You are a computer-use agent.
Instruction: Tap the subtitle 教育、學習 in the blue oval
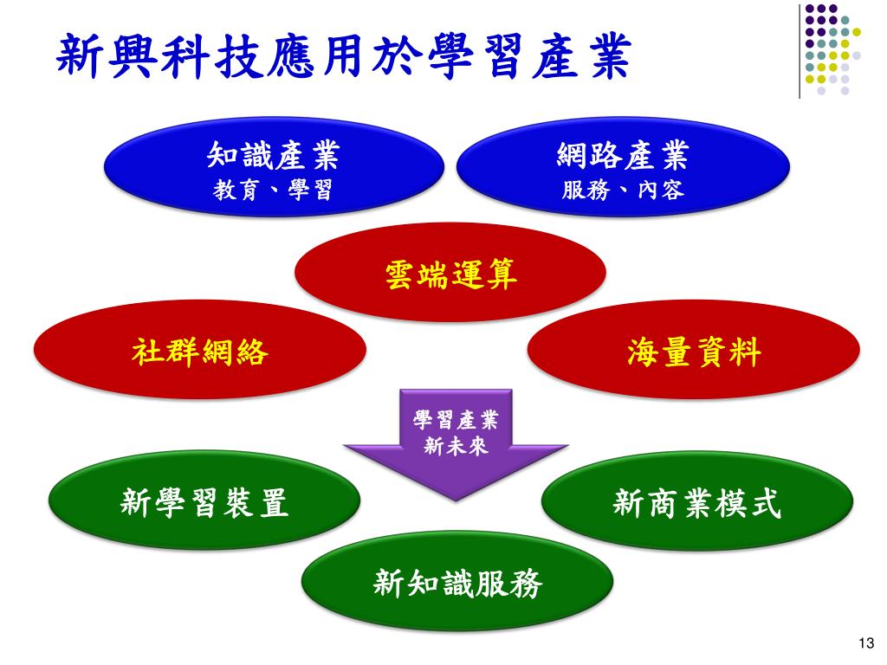pyautogui.click(x=274, y=189)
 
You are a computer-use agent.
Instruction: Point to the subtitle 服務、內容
pyautogui.click(x=622, y=189)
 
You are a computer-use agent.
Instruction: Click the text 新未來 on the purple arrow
pyautogui.click(x=456, y=447)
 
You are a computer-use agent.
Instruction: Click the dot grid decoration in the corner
pyautogui.click(x=832, y=48)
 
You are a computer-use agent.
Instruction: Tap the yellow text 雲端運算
pyautogui.click(x=450, y=274)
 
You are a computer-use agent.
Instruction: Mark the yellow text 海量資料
pyautogui.click(x=694, y=352)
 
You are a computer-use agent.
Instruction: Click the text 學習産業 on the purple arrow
pyautogui.click(x=456, y=422)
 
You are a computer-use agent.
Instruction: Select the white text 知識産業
pyautogui.click(x=274, y=157)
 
